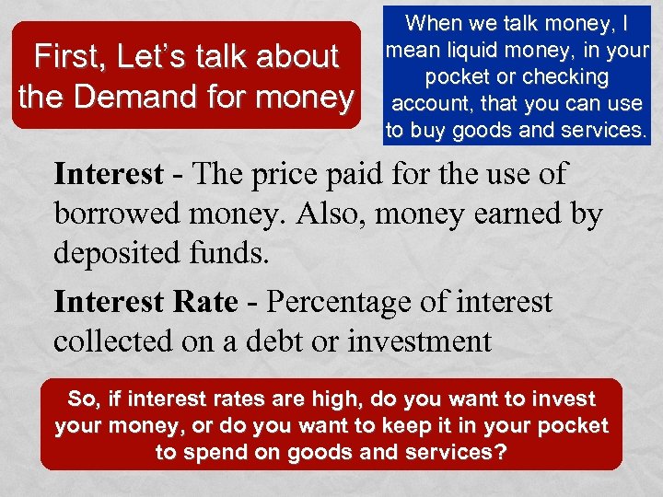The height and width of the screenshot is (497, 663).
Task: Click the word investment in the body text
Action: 419,341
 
